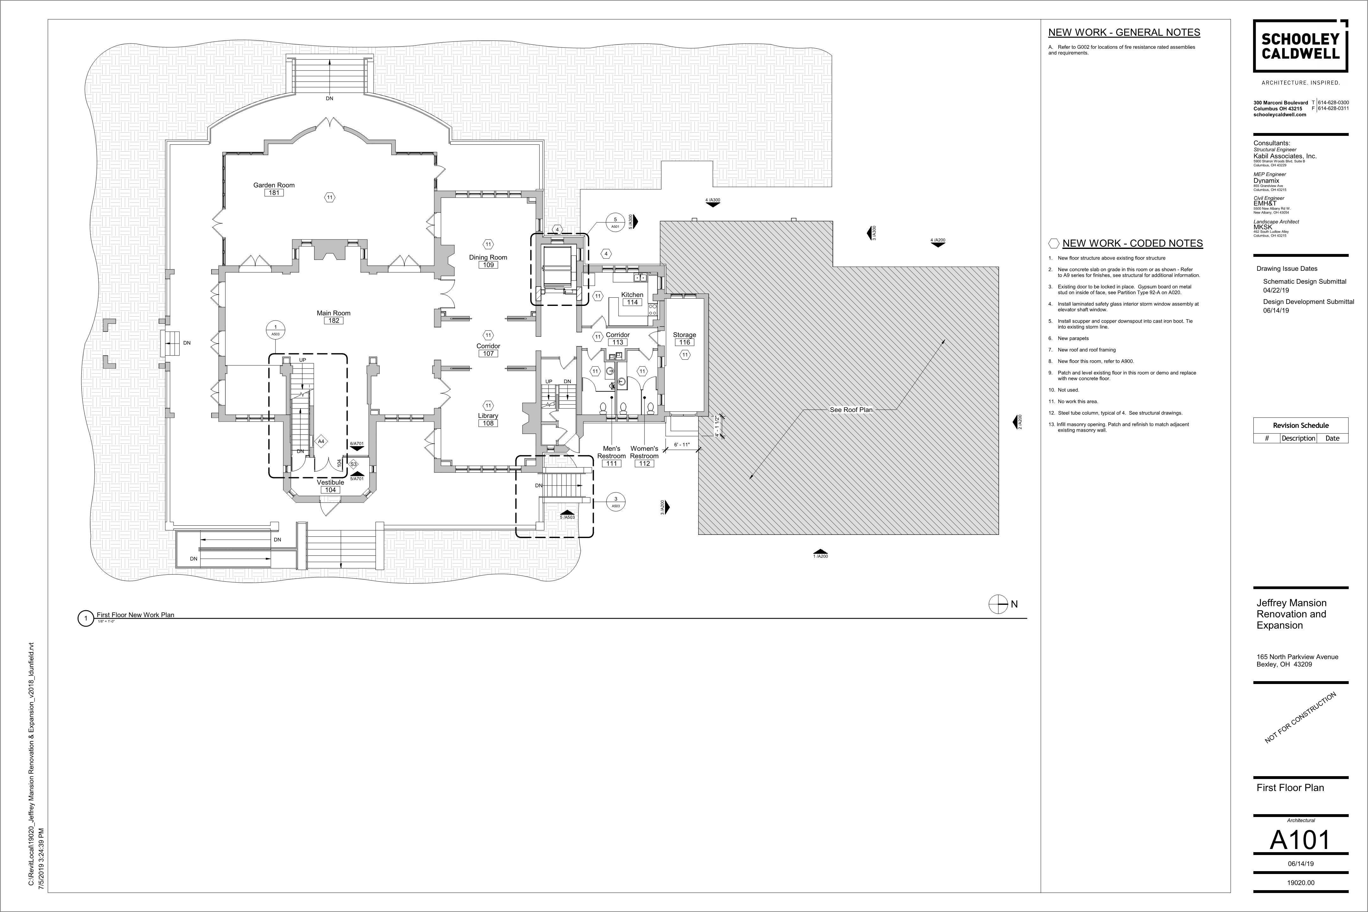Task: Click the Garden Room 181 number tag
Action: pyautogui.click(x=274, y=193)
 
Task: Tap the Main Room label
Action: pyautogui.click(x=333, y=313)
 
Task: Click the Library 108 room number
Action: pyautogui.click(x=488, y=423)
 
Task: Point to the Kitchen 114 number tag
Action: pyautogui.click(x=632, y=302)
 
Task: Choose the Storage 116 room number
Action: pyautogui.click(x=685, y=343)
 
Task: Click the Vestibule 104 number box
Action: pyautogui.click(x=330, y=490)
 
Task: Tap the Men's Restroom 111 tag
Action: pyautogui.click(x=611, y=464)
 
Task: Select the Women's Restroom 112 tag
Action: pyautogui.click(x=644, y=464)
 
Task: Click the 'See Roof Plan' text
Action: pyautogui.click(x=851, y=409)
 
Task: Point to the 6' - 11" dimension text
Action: pyautogui.click(x=682, y=445)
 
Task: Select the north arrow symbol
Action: pyautogui.click(x=998, y=604)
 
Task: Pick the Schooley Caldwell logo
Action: pyautogui.click(x=1301, y=54)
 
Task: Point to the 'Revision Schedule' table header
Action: pyautogui.click(x=1301, y=425)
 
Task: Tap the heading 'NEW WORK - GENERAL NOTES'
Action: pyautogui.click(x=1124, y=33)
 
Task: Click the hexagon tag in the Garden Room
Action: pyautogui.click(x=330, y=198)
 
